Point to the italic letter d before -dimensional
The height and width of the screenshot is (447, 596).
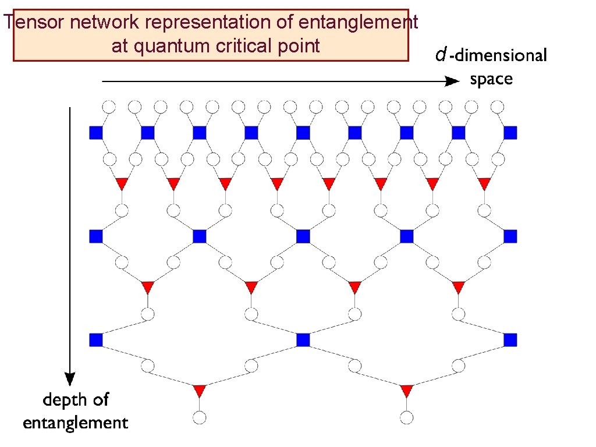[x=441, y=56]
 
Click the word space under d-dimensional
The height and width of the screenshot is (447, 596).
[x=491, y=79]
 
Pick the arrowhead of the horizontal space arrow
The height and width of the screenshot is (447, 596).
[x=452, y=82]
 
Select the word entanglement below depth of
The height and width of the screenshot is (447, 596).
[x=76, y=422]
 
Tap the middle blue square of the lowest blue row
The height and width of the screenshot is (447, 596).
[x=303, y=339]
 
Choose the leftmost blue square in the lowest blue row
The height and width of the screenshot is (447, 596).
[x=96, y=339]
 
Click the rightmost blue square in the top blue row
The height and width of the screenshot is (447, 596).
[x=510, y=133]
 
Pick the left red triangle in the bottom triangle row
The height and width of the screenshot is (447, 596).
[x=200, y=390]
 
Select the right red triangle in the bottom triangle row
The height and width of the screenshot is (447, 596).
[x=406, y=390]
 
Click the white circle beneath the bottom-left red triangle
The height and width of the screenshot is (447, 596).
[x=200, y=417]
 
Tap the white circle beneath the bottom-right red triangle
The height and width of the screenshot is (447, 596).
[x=407, y=417]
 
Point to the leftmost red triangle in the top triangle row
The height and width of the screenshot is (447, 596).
[x=122, y=183]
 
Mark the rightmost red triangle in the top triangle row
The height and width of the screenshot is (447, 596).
[x=484, y=183]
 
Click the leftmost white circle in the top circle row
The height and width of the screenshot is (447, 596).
[x=109, y=107]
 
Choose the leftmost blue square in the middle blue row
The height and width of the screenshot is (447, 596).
[x=96, y=236]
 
